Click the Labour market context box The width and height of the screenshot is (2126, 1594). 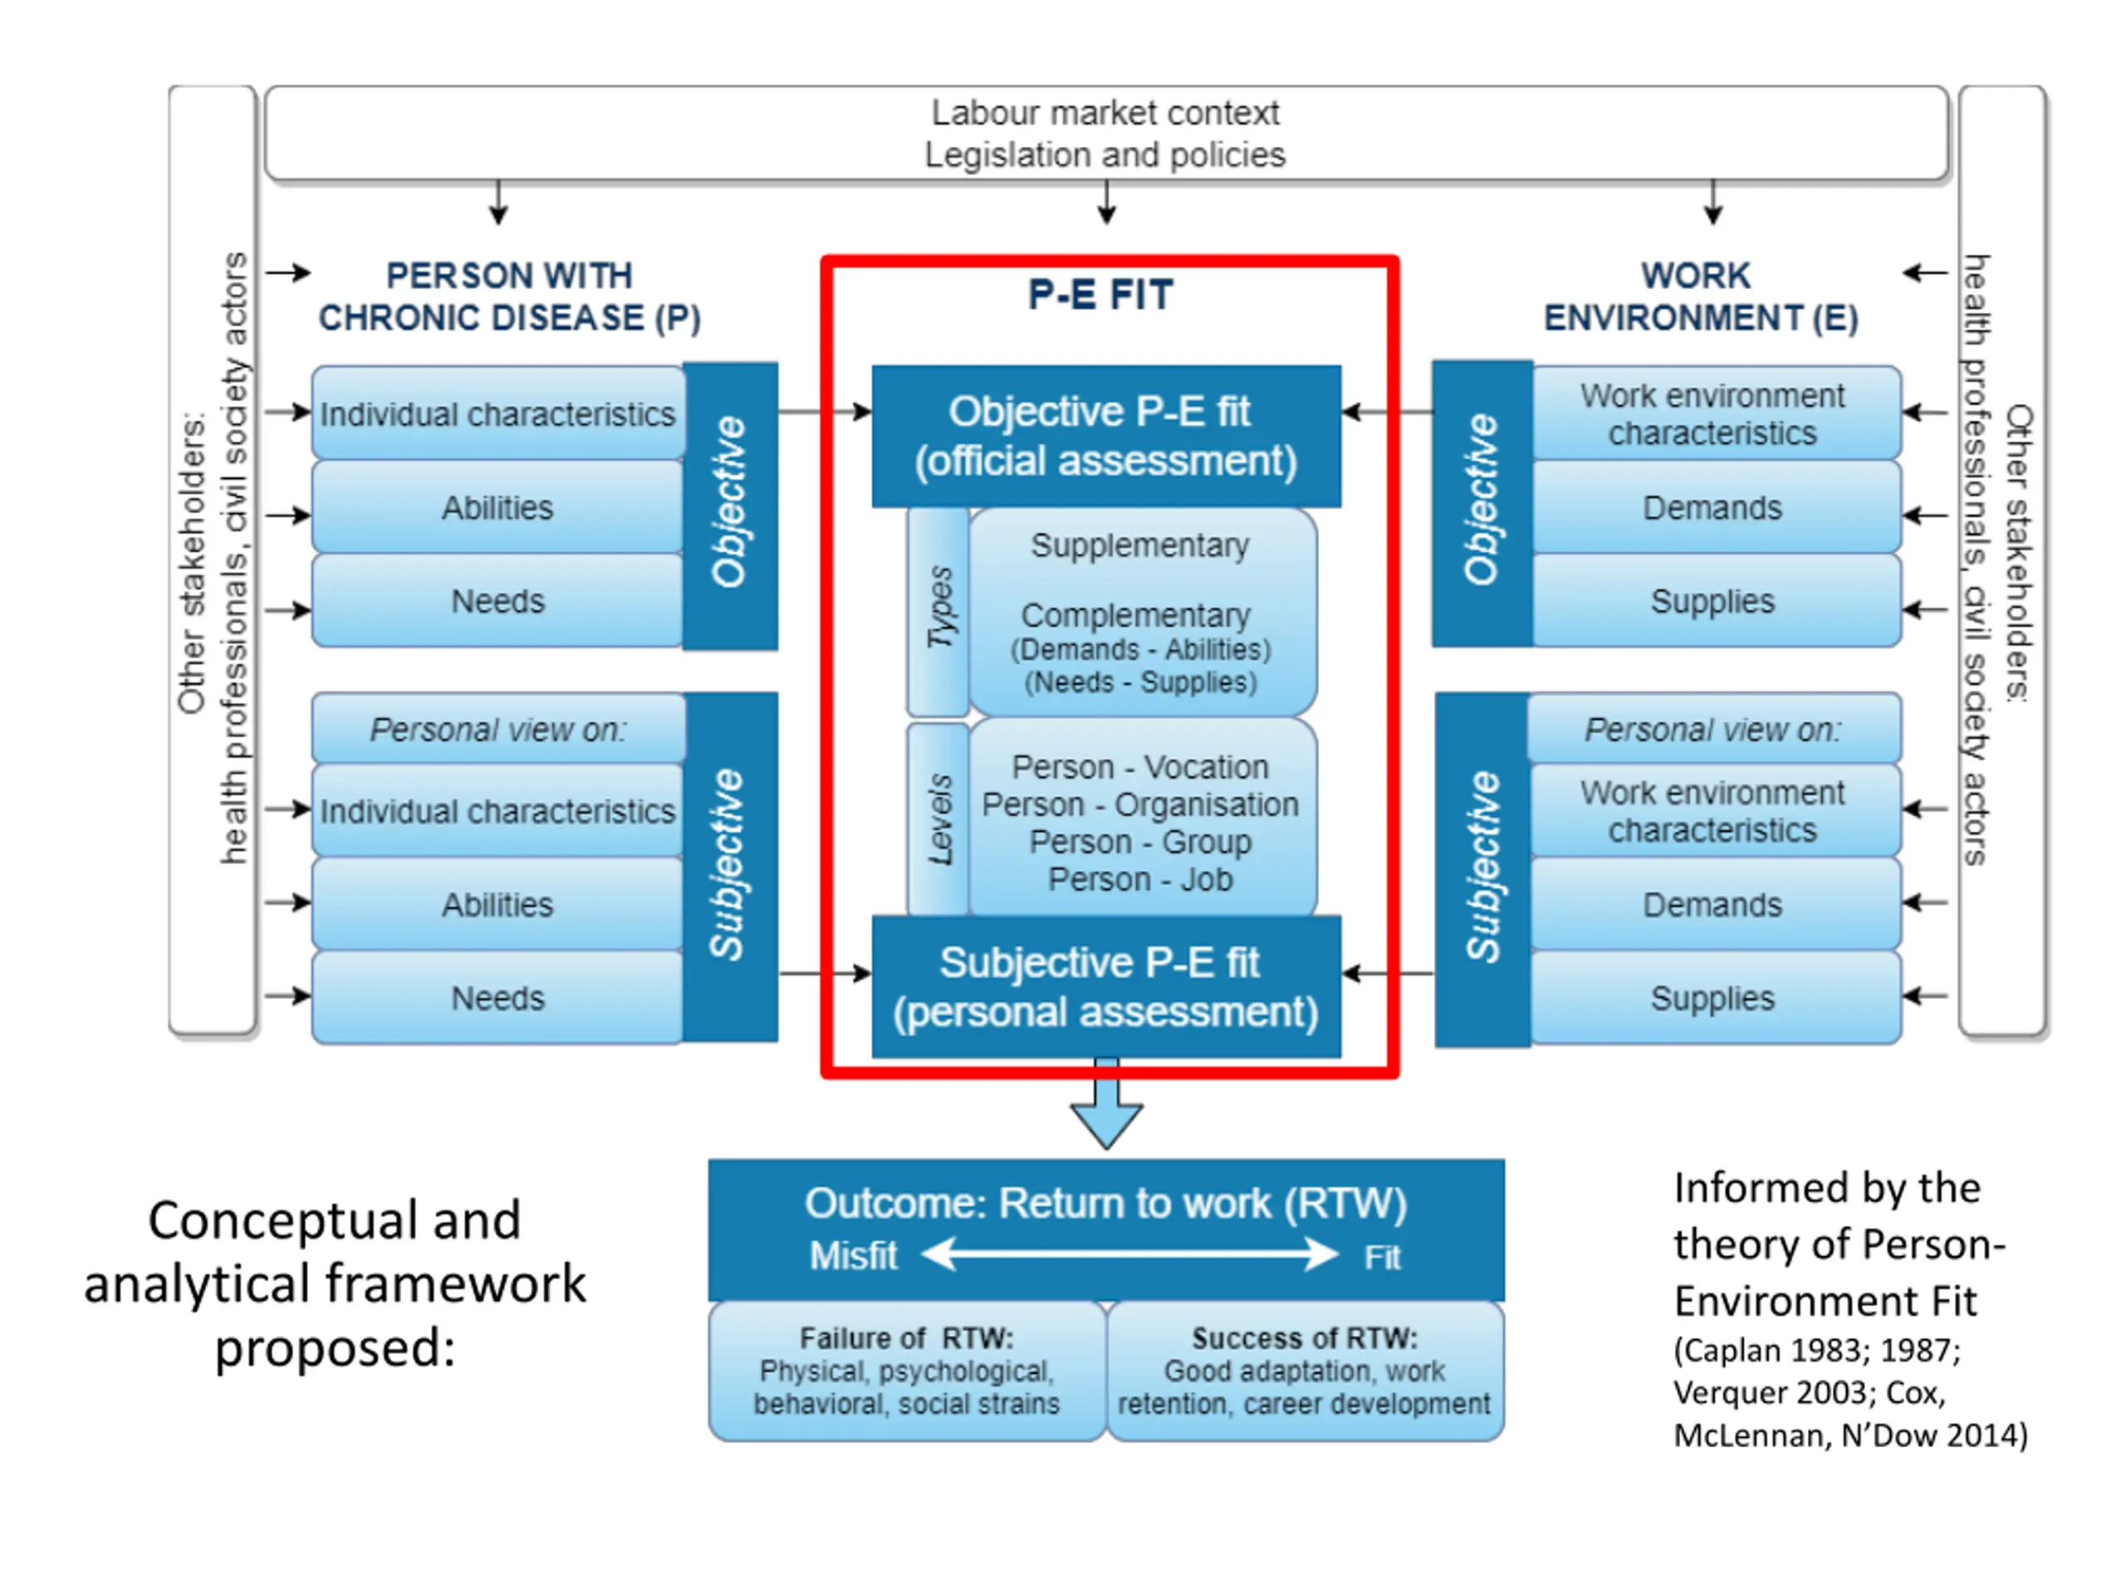click(x=1106, y=134)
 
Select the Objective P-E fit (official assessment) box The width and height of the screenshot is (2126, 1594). click(x=1106, y=436)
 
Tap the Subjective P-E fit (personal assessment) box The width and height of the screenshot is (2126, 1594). click(x=1106, y=987)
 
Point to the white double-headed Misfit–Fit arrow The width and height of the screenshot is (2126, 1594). click(x=1129, y=1254)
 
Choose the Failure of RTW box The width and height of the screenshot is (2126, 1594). click(x=908, y=1372)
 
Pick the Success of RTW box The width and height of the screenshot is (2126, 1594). click(x=1305, y=1372)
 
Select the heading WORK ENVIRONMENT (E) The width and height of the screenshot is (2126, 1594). click(x=1700, y=297)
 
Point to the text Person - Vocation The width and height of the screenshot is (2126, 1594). click(x=1140, y=767)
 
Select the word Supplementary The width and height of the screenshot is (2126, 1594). click(x=1140, y=545)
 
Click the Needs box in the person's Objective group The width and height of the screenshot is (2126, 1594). click(x=497, y=601)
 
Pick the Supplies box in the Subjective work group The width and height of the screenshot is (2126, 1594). click(x=1712, y=998)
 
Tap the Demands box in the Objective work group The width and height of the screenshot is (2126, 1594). click(x=1712, y=507)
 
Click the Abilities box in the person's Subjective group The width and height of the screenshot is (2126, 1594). click(x=497, y=904)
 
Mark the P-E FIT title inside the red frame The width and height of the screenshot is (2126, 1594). click(x=1100, y=295)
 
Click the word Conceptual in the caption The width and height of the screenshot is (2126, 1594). click(x=335, y=1220)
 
